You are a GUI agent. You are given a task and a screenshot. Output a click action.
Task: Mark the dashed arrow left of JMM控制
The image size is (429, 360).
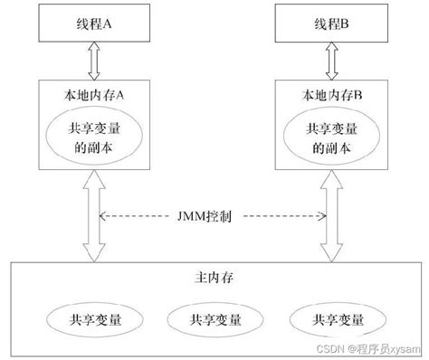point(141,216)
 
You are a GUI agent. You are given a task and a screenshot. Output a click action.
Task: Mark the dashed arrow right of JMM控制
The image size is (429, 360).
point(281,216)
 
